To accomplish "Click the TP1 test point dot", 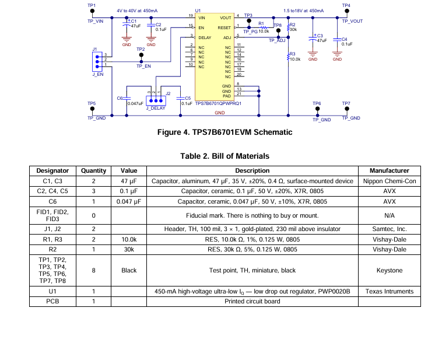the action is (92, 11).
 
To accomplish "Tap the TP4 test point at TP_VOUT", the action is (347, 11).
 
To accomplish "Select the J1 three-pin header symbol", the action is (97, 61).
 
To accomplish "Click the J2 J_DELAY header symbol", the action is (156, 101).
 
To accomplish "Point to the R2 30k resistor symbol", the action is (288, 28).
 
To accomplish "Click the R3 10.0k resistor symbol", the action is (288, 57).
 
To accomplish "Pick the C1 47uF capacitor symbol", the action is (127, 25).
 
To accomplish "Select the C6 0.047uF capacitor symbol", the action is (127, 98).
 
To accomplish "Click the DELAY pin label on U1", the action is (205, 37).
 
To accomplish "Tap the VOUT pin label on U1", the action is (226, 18).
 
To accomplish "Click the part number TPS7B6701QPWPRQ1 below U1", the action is (218, 103).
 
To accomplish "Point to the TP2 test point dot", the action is (141, 55).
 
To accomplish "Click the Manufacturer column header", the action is (390, 171).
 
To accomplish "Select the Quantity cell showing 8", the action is (93, 270).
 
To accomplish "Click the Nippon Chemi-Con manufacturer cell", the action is (390, 181).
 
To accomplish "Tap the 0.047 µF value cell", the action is (129, 201).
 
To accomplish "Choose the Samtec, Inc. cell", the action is (390, 229).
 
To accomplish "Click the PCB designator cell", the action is (52, 301).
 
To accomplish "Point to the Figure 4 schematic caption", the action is (224, 132).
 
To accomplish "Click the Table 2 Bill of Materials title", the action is (224, 156).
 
